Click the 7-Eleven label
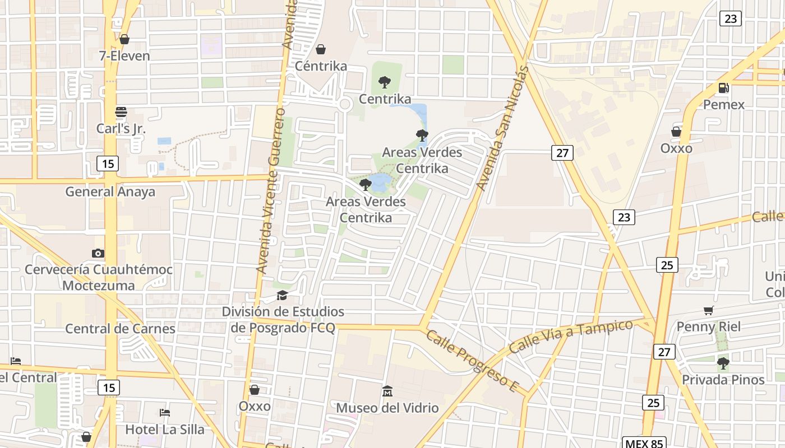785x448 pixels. point(124,56)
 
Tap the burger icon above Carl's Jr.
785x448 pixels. point(121,111)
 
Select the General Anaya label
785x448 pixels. point(110,192)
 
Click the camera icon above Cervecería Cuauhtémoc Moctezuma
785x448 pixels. point(98,253)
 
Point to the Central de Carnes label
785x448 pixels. point(121,329)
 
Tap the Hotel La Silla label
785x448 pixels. point(164,430)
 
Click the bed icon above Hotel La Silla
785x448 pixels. point(164,413)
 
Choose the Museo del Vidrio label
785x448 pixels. point(387,408)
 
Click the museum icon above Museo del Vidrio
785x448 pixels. point(387,391)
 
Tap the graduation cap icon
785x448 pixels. point(282,295)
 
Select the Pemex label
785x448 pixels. point(724,105)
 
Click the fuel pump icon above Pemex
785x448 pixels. point(724,88)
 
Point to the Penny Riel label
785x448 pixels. point(709,326)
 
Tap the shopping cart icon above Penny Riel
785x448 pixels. point(709,310)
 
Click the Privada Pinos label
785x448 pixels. point(723,380)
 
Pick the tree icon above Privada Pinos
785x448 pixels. point(723,363)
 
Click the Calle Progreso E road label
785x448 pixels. point(470,361)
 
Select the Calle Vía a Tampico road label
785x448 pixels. point(571,336)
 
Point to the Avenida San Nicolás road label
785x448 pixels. point(503,128)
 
